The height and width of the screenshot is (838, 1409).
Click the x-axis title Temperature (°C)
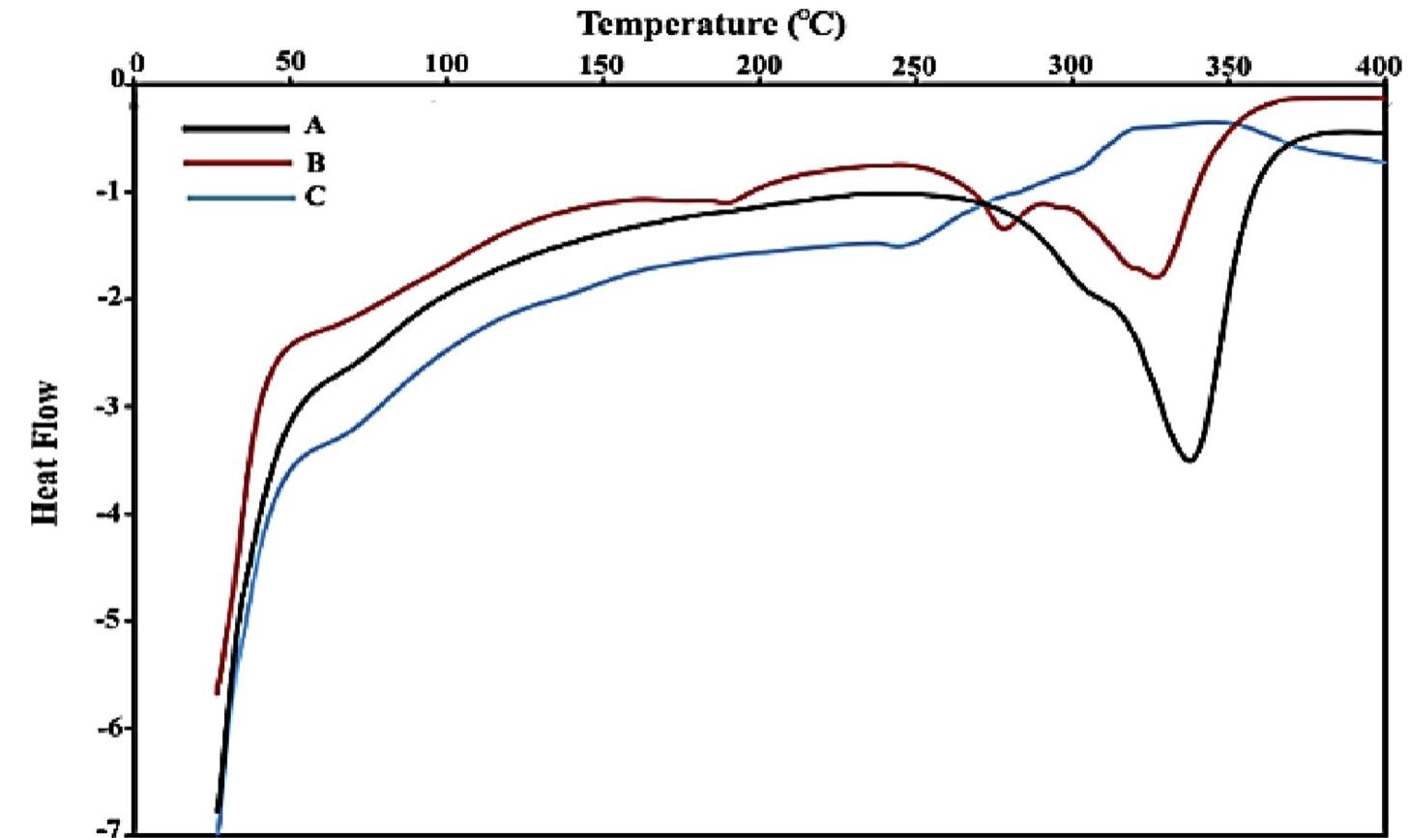tap(711, 23)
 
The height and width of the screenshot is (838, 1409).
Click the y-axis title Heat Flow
tap(47, 453)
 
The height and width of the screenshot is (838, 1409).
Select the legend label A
tap(314, 126)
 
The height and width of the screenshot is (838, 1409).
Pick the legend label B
tap(315, 162)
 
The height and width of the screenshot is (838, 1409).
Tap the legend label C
tap(315, 196)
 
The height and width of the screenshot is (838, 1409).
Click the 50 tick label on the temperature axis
tap(291, 63)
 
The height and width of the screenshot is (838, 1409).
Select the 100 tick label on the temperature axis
tap(447, 65)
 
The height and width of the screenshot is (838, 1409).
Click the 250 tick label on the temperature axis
tap(914, 66)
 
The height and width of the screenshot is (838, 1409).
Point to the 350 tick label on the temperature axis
tap(1227, 66)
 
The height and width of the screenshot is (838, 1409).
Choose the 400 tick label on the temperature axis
tap(1378, 66)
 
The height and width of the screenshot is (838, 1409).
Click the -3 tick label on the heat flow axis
tap(106, 406)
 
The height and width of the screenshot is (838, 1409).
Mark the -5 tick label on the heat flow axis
tap(106, 620)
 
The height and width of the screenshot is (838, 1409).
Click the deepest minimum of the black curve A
tap(1189, 460)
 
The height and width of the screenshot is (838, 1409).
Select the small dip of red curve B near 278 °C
tap(1003, 228)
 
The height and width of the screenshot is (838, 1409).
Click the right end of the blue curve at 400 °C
tap(1384, 162)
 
